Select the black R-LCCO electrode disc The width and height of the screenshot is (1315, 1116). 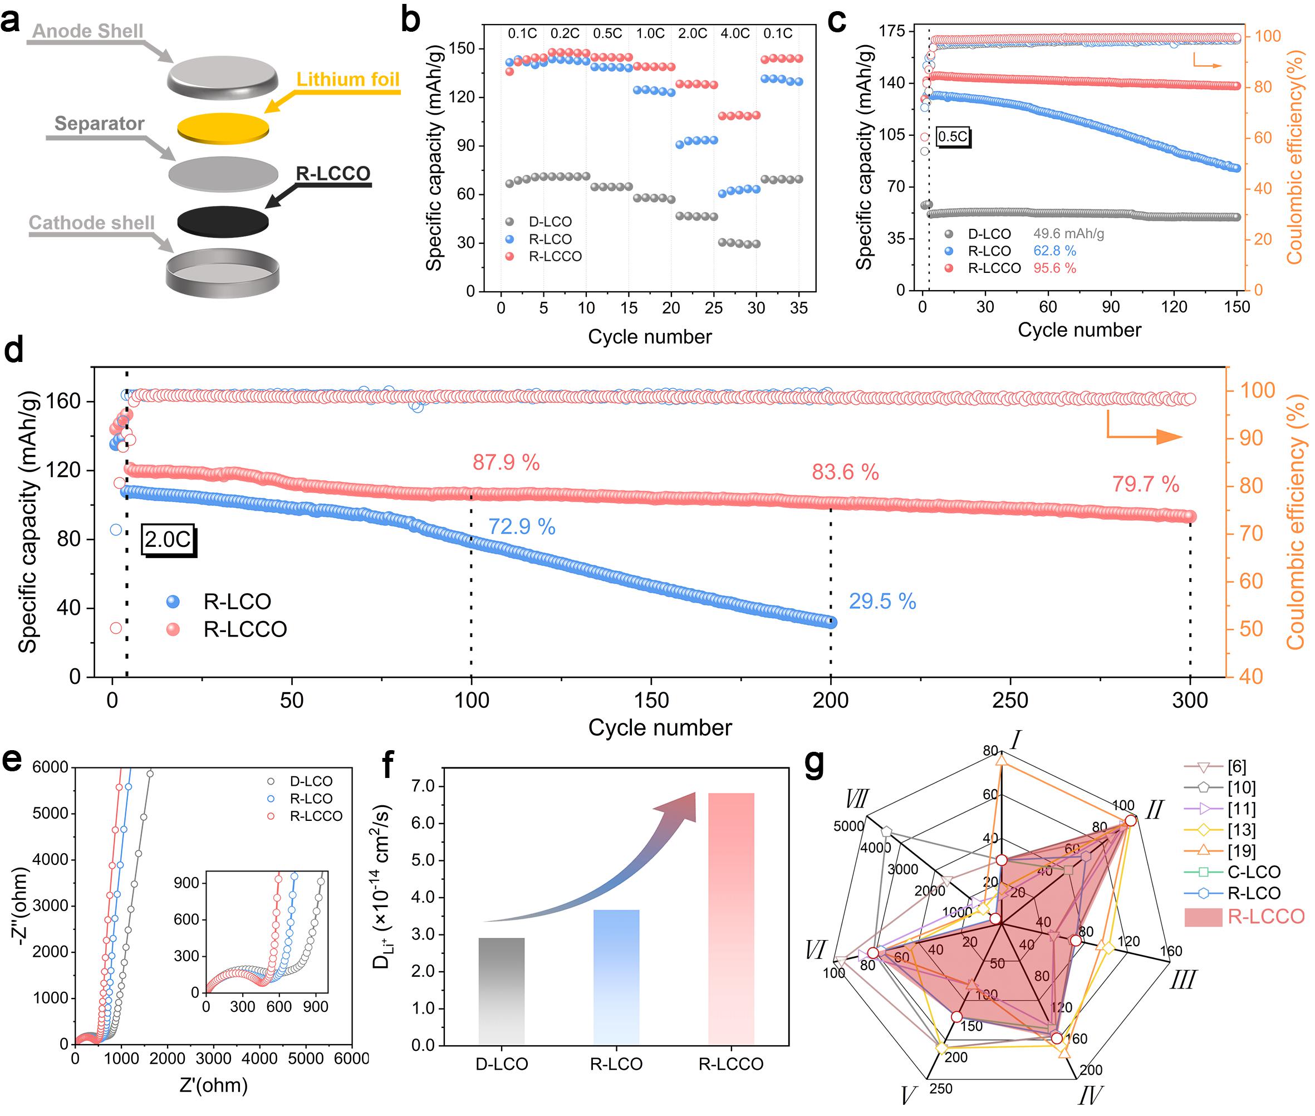[x=223, y=220]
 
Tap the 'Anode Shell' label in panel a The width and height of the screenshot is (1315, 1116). [x=87, y=31]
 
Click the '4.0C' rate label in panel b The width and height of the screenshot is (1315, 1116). [x=735, y=33]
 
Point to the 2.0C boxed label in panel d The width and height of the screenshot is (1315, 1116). [x=168, y=540]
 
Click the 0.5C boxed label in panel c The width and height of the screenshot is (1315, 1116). [x=953, y=136]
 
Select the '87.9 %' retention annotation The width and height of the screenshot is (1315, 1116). [x=506, y=462]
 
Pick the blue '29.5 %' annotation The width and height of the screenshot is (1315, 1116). [x=882, y=601]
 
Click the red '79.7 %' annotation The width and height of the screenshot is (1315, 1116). [x=1146, y=484]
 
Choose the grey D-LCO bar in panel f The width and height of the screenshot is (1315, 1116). [x=502, y=991]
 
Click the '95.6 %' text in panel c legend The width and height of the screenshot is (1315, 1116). [x=1054, y=268]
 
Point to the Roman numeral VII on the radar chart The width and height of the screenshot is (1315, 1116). [x=856, y=800]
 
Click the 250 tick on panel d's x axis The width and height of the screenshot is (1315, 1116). [x=1010, y=701]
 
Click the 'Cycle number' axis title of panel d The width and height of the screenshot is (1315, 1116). [x=660, y=727]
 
